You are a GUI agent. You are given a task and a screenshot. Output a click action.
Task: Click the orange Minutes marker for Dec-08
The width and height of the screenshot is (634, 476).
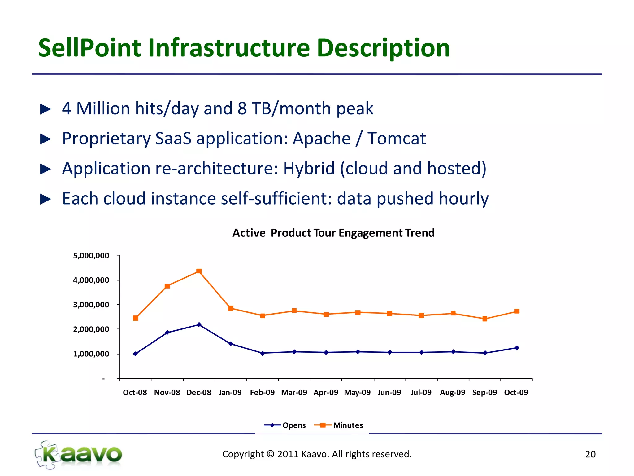[x=199, y=271]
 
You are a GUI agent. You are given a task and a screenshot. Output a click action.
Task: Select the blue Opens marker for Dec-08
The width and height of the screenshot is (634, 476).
[x=199, y=324]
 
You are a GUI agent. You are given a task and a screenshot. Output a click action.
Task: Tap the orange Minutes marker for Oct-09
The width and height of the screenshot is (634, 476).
[x=517, y=311]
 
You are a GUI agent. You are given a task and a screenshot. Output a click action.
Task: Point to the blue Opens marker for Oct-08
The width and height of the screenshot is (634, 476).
[x=136, y=354]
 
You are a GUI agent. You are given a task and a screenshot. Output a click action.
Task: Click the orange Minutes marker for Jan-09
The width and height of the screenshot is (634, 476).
[x=231, y=308]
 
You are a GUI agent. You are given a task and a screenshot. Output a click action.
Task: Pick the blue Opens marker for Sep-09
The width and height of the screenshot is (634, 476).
[x=485, y=353]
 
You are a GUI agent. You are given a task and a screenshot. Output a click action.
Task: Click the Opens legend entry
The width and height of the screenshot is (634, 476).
[x=284, y=425]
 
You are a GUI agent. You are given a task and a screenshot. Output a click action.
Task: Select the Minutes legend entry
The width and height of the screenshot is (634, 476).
[x=338, y=425]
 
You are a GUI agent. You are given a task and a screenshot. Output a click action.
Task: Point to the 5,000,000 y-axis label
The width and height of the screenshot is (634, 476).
[x=91, y=256]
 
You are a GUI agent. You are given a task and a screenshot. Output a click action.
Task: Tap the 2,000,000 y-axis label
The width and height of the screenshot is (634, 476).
[x=91, y=329]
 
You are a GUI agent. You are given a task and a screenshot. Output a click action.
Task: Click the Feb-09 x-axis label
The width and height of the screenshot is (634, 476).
[x=262, y=392]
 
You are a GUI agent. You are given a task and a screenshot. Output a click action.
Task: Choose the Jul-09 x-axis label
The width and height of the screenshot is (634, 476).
[x=421, y=392]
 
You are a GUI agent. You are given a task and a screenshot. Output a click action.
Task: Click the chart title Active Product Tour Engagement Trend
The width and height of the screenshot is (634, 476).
[x=333, y=233]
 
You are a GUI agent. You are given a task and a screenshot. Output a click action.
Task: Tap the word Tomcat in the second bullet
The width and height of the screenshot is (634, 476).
[x=397, y=138]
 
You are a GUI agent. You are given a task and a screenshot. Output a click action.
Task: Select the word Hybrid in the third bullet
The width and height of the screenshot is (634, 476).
[x=309, y=168]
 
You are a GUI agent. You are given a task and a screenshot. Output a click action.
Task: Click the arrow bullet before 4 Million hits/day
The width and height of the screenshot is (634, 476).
[x=46, y=109]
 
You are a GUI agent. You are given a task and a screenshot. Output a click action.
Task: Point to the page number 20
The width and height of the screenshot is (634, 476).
[x=590, y=454]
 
